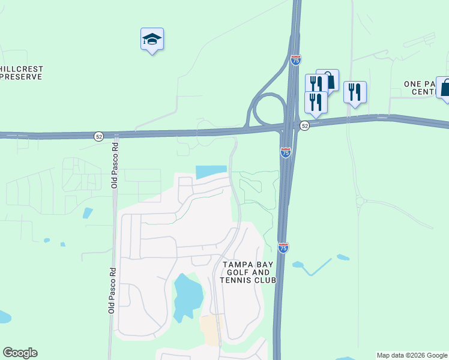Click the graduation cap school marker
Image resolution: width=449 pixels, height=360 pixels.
[x=152, y=40]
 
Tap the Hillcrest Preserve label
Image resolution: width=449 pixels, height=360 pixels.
[x=22, y=73]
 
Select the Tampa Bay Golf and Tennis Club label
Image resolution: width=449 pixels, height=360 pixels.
[x=249, y=272]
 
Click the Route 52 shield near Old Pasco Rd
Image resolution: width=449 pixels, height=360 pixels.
[x=98, y=137]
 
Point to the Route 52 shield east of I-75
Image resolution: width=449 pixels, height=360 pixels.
[x=305, y=125]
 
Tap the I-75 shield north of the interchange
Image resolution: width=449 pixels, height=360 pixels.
[x=295, y=60]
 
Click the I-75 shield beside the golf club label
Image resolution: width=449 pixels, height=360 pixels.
[x=283, y=247]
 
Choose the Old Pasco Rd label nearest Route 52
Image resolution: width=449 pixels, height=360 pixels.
[x=114, y=170]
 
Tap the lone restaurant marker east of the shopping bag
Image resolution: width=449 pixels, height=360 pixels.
[x=355, y=92]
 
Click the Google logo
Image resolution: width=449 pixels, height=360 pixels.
[x=20, y=353]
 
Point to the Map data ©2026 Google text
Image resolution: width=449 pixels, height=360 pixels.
[x=412, y=355]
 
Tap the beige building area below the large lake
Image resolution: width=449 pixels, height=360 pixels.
[x=211, y=329]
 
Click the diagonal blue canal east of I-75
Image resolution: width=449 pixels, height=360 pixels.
[x=319, y=266]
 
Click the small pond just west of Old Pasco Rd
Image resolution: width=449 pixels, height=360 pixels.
[x=88, y=212]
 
